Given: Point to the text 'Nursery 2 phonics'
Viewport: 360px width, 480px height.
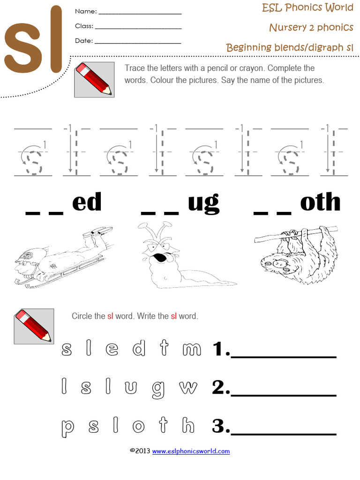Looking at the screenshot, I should pos(311,27).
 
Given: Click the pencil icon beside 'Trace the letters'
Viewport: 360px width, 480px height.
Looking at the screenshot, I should pos(94,80).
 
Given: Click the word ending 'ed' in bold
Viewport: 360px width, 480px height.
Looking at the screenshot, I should pos(87,203).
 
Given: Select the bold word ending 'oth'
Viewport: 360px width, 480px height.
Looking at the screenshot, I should pos(320,203).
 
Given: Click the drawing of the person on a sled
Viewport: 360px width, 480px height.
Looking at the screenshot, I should pos(61,257).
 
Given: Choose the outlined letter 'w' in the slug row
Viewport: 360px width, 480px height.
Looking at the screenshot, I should pos(188,387).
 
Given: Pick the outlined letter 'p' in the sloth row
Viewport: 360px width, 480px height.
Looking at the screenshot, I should pos(67,426).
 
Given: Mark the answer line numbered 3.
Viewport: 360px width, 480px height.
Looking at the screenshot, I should pos(284,433).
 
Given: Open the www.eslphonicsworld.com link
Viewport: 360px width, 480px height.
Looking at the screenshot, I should pos(191,451).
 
